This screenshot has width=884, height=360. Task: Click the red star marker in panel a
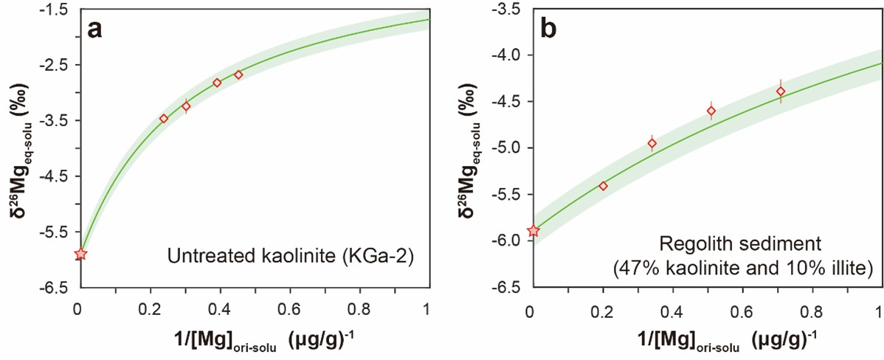pos(80,254)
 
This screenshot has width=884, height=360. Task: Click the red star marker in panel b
pos(533,231)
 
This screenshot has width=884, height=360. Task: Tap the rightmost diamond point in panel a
pos(238,75)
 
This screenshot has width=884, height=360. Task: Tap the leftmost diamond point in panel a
pos(164,118)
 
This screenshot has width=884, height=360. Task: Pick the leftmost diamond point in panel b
pos(603,186)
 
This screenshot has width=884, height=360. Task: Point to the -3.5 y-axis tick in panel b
pos(510,10)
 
